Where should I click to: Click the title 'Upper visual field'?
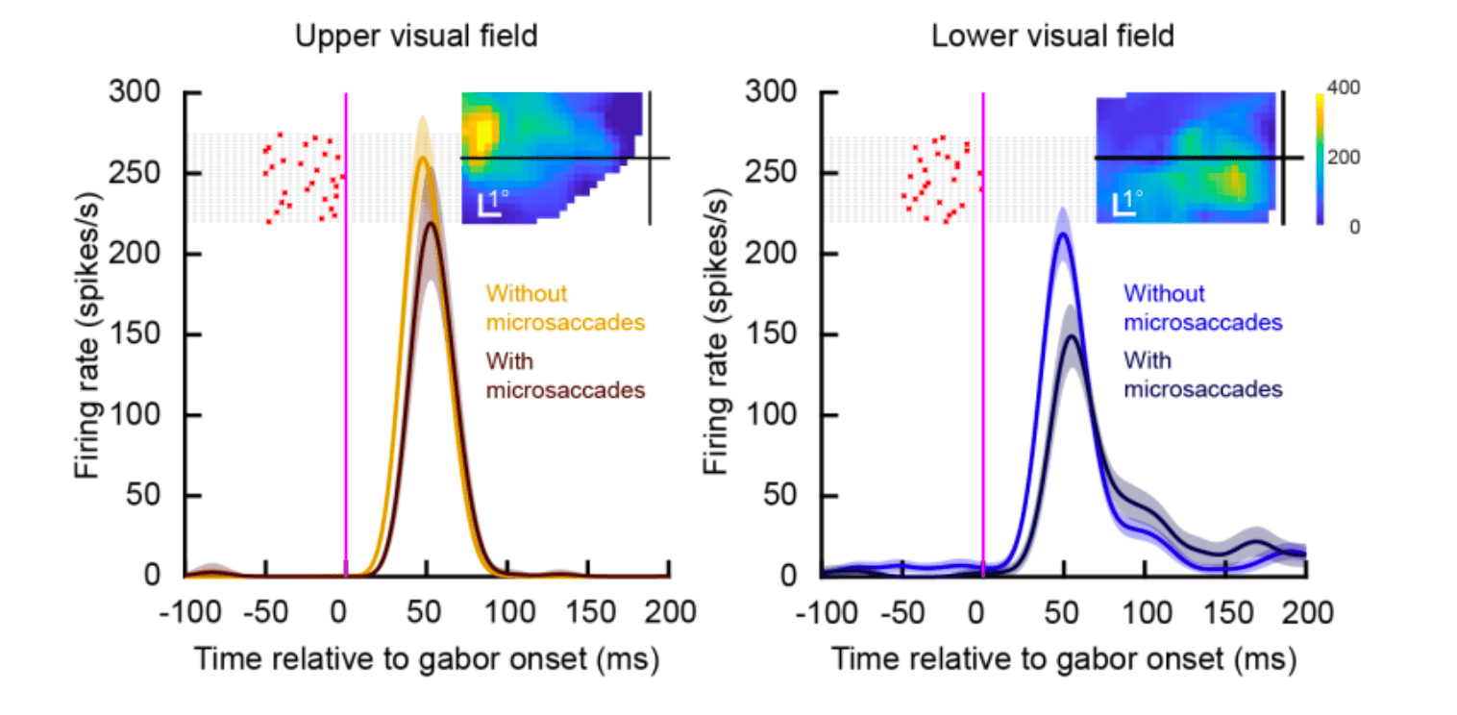pyautogui.click(x=415, y=37)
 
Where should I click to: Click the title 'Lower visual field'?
pyautogui.click(x=1052, y=37)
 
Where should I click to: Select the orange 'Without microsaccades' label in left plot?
pyautogui.click(x=564, y=308)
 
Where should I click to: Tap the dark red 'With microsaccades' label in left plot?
pyautogui.click(x=564, y=377)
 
